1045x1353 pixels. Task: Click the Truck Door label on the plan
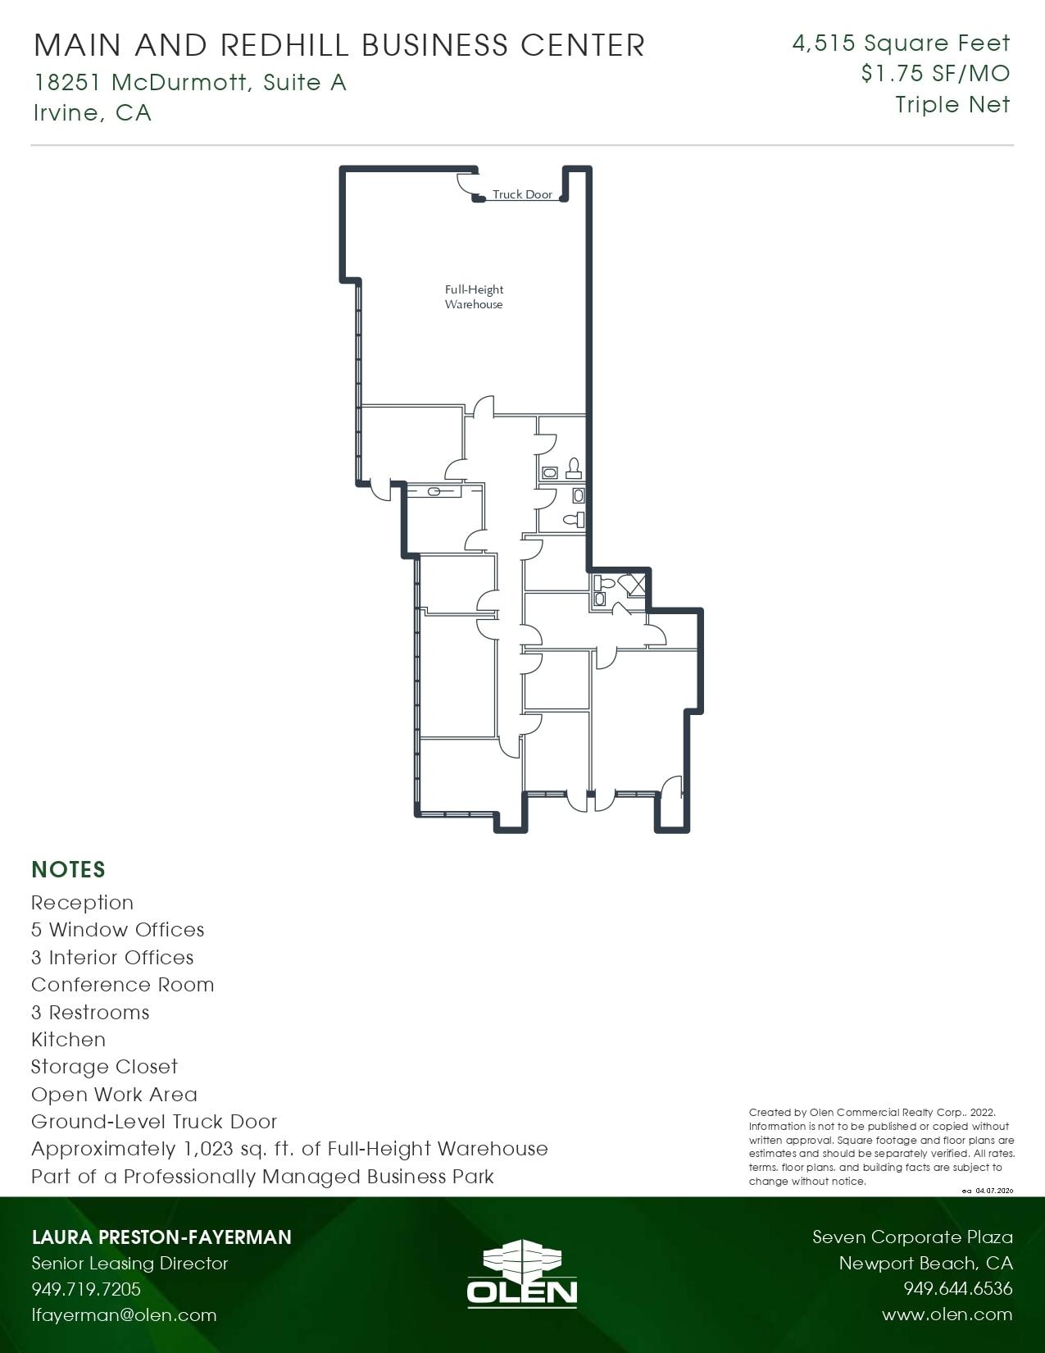click(522, 194)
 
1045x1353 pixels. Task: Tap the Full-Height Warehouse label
click(474, 297)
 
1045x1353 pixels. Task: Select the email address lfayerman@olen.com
click(124, 1315)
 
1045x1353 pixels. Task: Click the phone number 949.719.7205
click(86, 1289)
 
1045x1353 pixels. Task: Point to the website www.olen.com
click(947, 1314)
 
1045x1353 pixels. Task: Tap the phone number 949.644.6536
click(957, 1289)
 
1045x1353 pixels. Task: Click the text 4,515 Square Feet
click(901, 43)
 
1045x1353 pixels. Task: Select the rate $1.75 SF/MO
click(935, 74)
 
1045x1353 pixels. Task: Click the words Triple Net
click(952, 105)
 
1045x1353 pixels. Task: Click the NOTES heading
click(68, 869)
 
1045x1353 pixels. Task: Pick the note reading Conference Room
click(122, 985)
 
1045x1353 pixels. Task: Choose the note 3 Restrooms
click(90, 1013)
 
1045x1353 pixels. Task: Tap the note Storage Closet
click(104, 1067)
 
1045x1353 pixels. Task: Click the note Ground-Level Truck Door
click(154, 1122)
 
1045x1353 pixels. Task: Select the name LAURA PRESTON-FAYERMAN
click(161, 1237)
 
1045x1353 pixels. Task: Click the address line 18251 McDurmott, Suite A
click(190, 83)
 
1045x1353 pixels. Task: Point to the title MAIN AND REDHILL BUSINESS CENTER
click(339, 45)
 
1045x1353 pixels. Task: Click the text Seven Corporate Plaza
click(912, 1237)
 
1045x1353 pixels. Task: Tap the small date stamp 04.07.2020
click(994, 1191)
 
